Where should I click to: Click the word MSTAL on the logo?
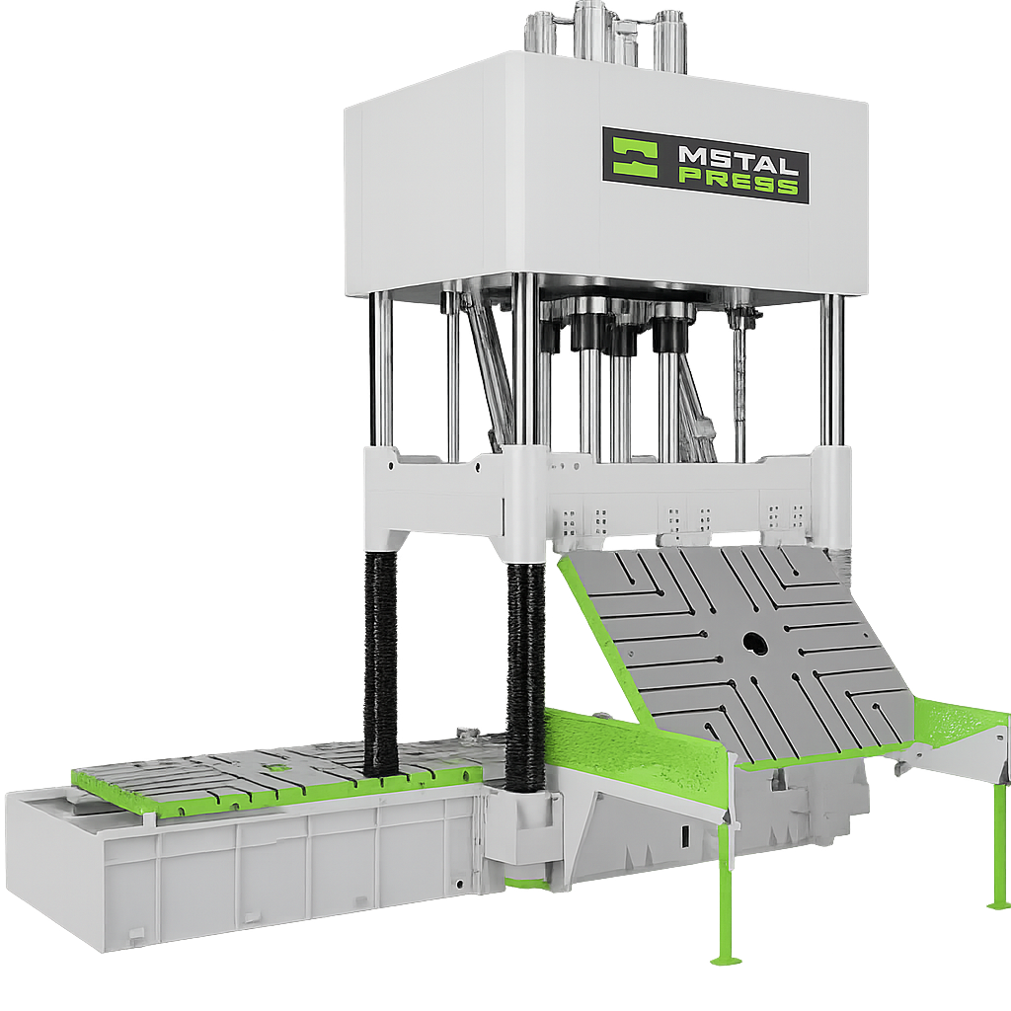pos(738,157)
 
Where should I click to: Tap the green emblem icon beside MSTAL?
pos(635,157)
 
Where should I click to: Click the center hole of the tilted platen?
pos(752,642)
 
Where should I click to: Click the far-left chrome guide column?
pos(380,371)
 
